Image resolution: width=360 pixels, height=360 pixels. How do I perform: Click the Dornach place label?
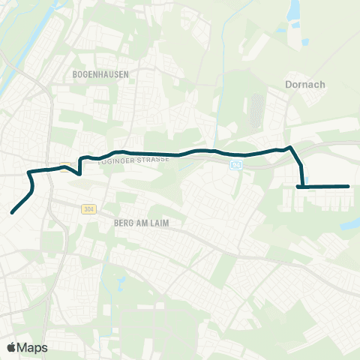pyautogui.click(x=306, y=85)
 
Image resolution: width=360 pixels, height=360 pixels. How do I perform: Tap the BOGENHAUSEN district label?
pyautogui.click(x=101, y=74)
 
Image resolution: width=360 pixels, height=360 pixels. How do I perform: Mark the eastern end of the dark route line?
pyautogui.click(x=349, y=186)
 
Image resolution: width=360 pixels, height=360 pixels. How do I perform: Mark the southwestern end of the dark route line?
pyautogui.click(x=12, y=213)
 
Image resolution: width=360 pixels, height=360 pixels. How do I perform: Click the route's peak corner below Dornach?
pyautogui.click(x=290, y=147)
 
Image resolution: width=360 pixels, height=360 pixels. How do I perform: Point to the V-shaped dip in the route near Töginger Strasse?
pyautogui.click(x=79, y=174)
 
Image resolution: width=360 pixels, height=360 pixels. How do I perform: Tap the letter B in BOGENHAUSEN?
pyautogui.click(x=76, y=74)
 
